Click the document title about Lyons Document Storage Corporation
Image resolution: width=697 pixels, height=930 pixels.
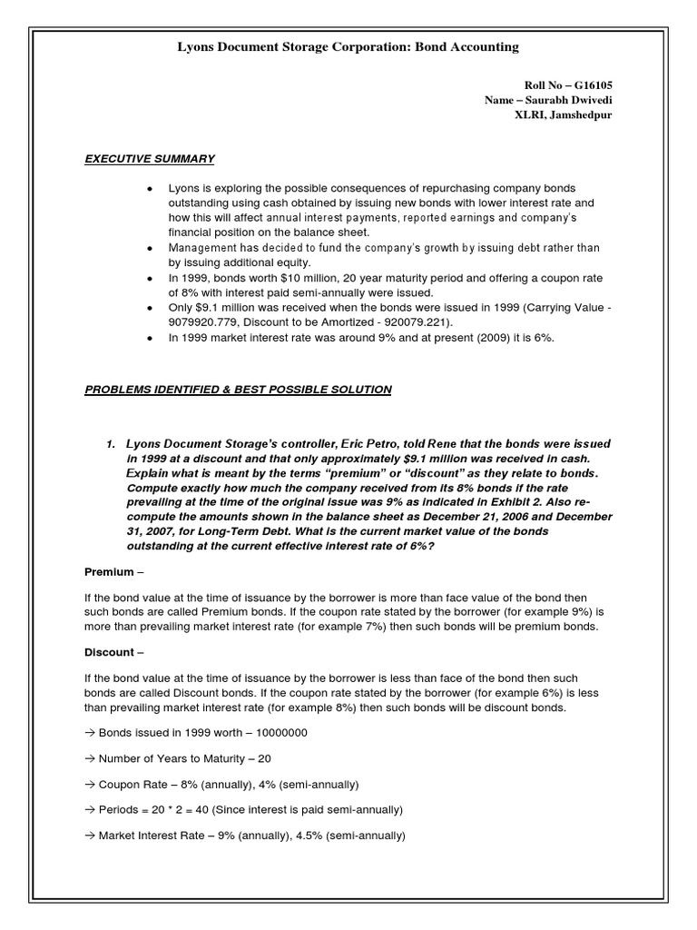tap(348, 45)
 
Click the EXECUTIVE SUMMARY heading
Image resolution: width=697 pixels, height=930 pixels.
tap(150, 159)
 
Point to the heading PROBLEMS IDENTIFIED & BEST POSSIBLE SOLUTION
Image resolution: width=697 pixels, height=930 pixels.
tap(238, 390)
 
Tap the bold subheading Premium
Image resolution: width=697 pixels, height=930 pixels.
tap(109, 574)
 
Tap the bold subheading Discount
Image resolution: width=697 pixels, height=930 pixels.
tap(109, 652)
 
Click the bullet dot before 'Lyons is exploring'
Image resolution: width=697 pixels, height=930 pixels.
tap(149, 188)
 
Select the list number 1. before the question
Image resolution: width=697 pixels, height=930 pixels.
tap(110, 443)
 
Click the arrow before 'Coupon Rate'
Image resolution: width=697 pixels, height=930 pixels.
tap(89, 784)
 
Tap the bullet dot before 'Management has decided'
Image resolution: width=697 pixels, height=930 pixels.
tap(149, 248)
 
